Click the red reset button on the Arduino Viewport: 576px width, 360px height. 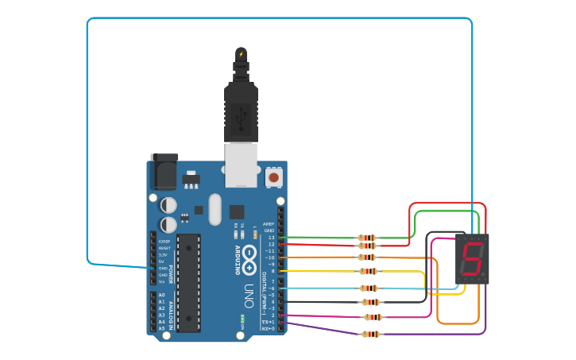click(x=274, y=176)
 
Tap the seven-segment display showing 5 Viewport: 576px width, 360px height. click(x=472, y=259)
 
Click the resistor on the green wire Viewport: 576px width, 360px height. click(x=367, y=238)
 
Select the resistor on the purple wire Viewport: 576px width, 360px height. click(x=371, y=334)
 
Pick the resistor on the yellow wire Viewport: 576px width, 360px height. click(x=368, y=271)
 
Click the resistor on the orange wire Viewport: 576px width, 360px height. click(x=367, y=257)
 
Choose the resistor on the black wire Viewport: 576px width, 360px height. click(x=370, y=302)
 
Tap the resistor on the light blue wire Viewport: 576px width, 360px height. click(x=369, y=288)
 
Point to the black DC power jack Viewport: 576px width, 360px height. click(x=164, y=171)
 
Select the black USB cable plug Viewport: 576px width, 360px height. click(x=241, y=111)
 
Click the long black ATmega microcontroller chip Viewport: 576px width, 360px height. click(x=188, y=282)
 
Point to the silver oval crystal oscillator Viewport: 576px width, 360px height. click(x=215, y=209)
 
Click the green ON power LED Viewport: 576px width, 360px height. click(x=242, y=320)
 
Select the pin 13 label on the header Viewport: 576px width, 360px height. click(x=270, y=238)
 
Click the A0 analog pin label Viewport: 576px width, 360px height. click(x=161, y=295)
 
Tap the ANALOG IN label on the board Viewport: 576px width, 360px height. click(x=171, y=311)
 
